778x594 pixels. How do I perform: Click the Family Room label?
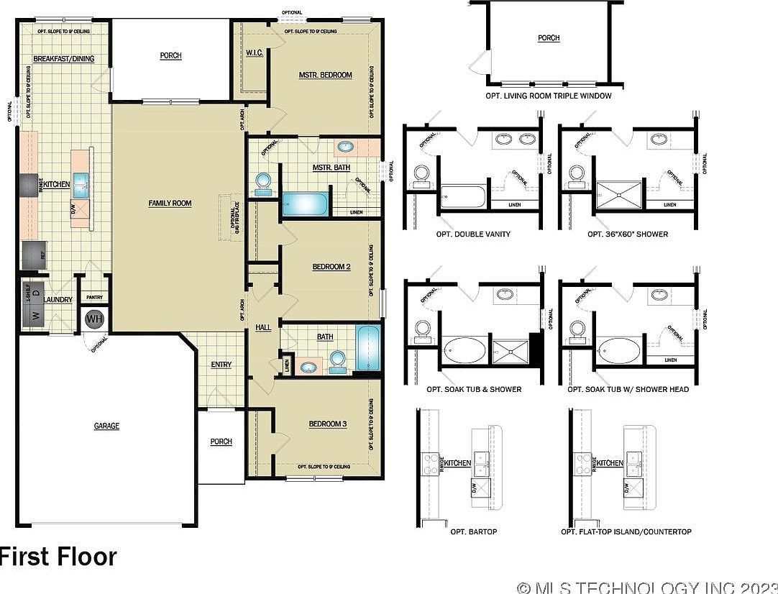pos(170,204)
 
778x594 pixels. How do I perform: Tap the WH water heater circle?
pos(95,318)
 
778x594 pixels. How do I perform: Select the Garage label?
pos(106,426)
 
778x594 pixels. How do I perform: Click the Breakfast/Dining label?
pos(63,59)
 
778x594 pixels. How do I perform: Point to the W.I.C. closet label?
pos(253,53)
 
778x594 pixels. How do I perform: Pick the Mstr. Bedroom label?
pos(325,75)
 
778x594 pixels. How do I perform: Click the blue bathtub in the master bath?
pos(305,204)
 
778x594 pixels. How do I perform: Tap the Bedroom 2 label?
pos(331,267)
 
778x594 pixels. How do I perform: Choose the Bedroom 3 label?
pos(328,424)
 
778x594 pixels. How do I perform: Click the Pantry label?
pos(94,297)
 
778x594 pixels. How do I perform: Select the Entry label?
pos(221,365)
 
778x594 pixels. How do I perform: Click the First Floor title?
pos(58,557)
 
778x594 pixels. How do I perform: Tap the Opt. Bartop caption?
pos(473,532)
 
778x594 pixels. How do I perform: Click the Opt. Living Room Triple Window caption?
pos(549,96)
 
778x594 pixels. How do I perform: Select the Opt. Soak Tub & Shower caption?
pos(474,390)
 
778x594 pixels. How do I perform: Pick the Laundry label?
pos(58,300)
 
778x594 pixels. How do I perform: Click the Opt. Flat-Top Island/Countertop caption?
pos(626,532)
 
